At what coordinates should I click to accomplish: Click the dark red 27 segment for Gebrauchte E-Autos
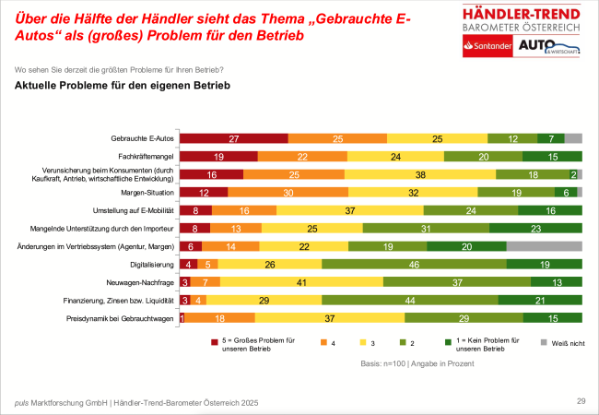[233, 139]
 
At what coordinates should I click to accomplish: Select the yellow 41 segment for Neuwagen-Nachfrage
[301, 282]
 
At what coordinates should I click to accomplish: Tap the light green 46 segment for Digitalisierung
[414, 264]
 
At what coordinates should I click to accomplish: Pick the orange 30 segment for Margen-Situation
[287, 193]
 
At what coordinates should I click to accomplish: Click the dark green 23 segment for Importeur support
[535, 228]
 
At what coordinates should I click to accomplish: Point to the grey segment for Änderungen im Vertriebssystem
[545, 246]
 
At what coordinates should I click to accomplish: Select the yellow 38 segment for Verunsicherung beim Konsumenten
[420, 174]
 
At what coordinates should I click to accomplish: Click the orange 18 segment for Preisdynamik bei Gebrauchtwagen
[220, 317]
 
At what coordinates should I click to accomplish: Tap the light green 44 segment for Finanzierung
[411, 300]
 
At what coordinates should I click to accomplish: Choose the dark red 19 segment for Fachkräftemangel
[218, 157]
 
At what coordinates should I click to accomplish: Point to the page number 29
[581, 400]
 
